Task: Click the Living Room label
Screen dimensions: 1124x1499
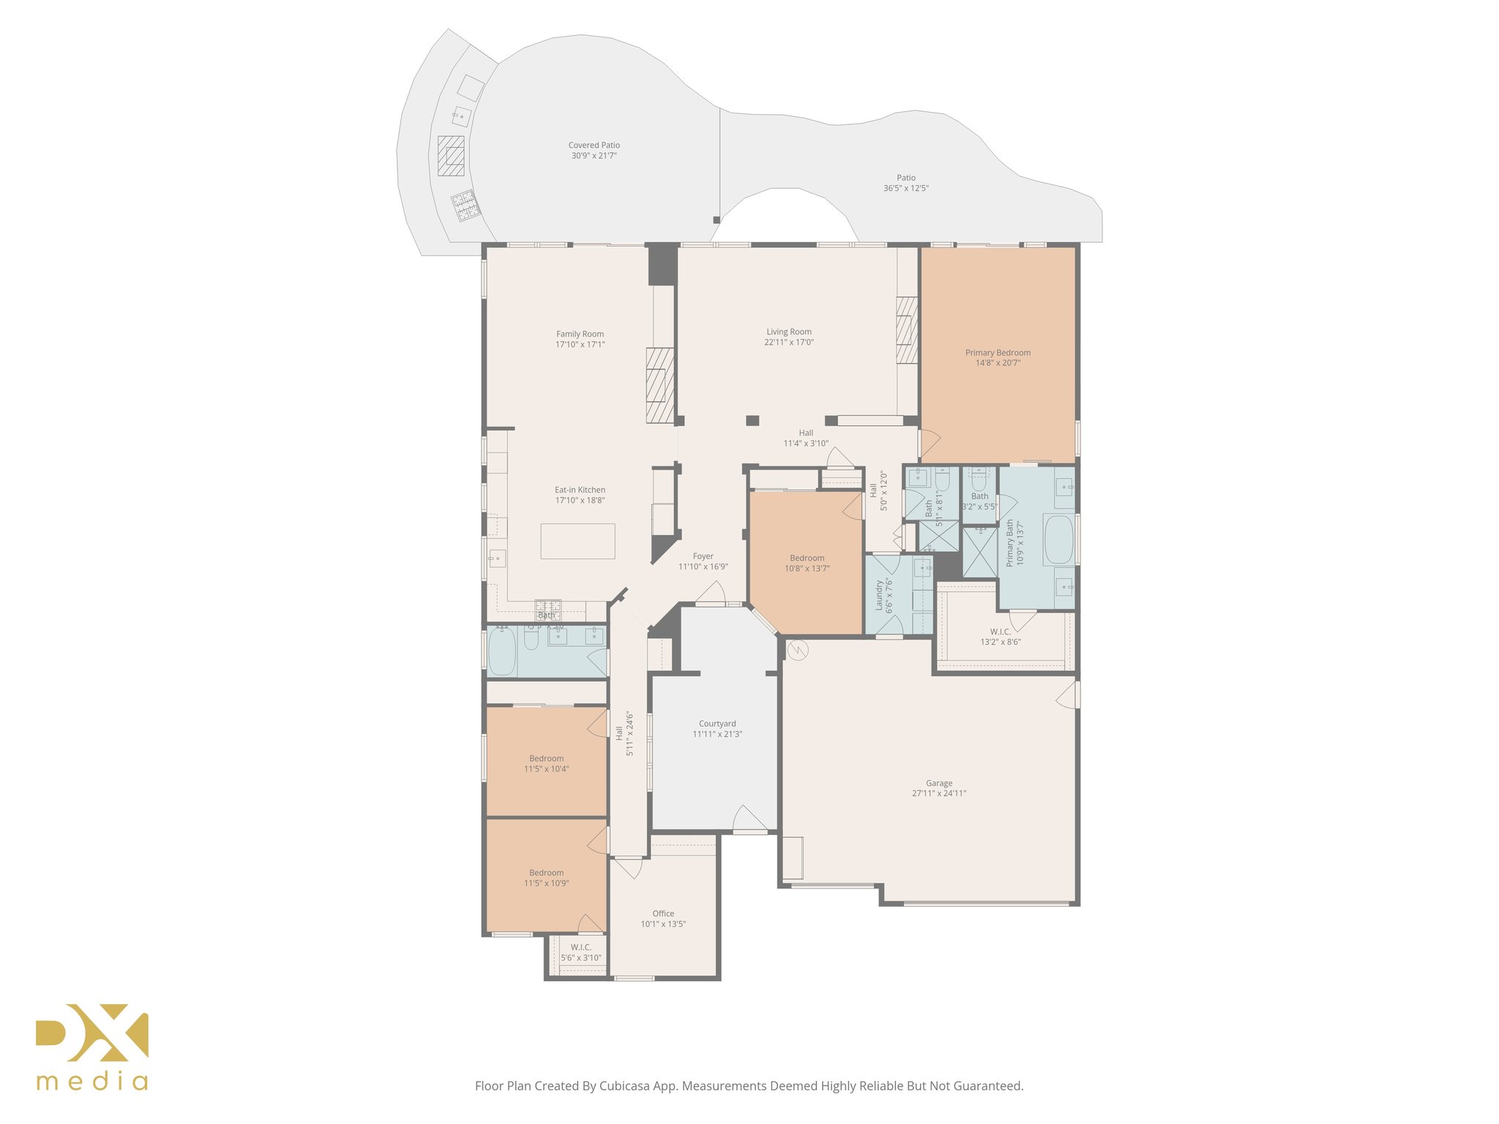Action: pyautogui.click(x=788, y=332)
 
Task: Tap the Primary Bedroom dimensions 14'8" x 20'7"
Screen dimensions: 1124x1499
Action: pyautogui.click(x=998, y=363)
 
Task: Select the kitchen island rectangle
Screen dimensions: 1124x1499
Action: pyautogui.click(x=577, y=542)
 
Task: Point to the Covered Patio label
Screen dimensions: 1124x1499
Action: pyautogui.click(x=594, y=146)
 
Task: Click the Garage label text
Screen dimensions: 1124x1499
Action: pyautogui.click(x=938, y=783)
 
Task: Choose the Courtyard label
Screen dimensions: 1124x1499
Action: pyautogui.click(x=717, y=724)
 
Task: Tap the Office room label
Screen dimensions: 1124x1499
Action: pyautogui.click(x=663, y=914)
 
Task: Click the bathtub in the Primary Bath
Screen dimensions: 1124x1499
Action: pyautogui.click(x=1058, y=540)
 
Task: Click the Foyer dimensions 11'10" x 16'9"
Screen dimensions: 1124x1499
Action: pyautogui.click(x=703, y=567)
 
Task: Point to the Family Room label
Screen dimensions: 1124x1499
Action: pyautogui.click(x=580, y=334)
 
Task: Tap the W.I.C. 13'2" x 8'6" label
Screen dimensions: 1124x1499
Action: pyautogui.click(x=1000, y=637)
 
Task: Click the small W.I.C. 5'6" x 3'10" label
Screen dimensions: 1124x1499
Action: pyautogui.click(x=580, y=953)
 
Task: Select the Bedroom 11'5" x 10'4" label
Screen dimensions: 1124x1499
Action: pyautogui.click(x=546, y=764)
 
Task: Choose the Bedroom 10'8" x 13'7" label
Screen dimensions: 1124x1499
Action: pyautogui.click(x=807, y=563)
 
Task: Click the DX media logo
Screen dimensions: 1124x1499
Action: pyautogui.click(x=92, y=1046)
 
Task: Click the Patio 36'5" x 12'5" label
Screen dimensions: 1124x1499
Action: pyautogui.click(x=905, y=183)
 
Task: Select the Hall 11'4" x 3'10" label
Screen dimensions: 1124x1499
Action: pyautogui.click(x=805, y=438)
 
